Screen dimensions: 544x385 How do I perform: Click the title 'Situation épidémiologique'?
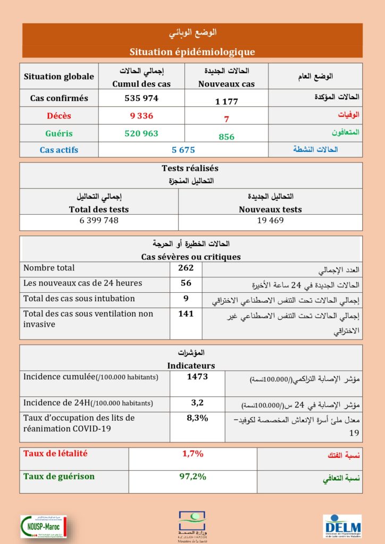point(192,52)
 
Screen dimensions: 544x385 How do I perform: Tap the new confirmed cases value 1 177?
point(227,101)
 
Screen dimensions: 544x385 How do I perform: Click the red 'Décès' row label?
point(58,116)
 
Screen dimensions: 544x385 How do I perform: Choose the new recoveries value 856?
point(227,137)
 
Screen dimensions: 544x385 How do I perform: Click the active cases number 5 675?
point(183,150)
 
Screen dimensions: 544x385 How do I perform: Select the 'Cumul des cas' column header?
point(141,83)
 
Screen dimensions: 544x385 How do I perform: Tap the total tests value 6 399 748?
point(99,220)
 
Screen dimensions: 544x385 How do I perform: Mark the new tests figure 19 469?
point(270,220)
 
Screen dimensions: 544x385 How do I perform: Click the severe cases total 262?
point(186,268)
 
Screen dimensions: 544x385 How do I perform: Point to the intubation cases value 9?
point(186,298)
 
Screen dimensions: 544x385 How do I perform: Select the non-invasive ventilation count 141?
point(186,313)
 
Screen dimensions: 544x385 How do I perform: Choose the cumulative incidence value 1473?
point(197,377)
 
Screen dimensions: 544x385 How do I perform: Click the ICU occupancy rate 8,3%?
point(197,418)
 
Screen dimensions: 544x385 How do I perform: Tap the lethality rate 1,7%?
point(192,454)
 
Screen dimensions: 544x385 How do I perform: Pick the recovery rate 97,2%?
point(192,476)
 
